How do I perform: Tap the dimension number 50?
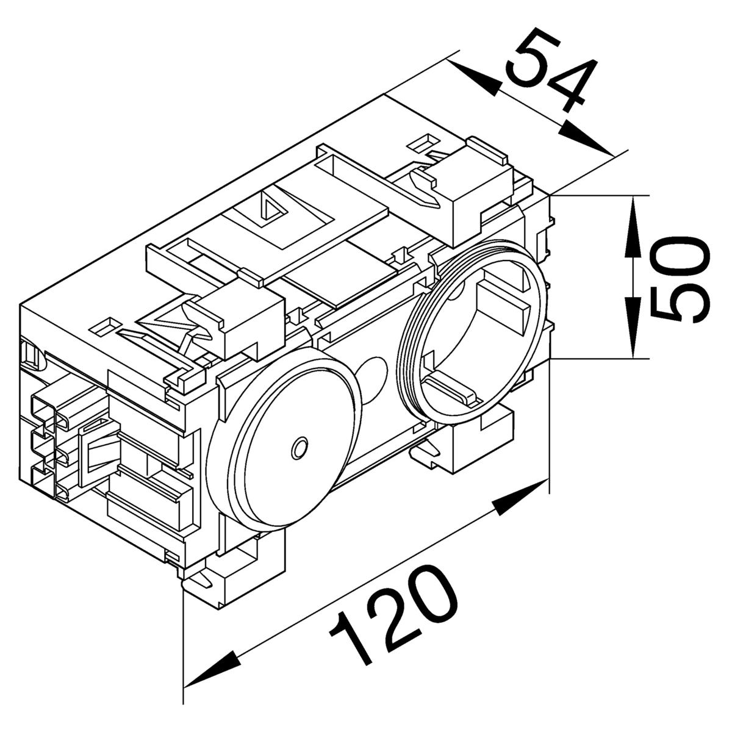point(680,279)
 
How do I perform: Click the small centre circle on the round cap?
point(299,448)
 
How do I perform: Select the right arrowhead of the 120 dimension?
point(521,497)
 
